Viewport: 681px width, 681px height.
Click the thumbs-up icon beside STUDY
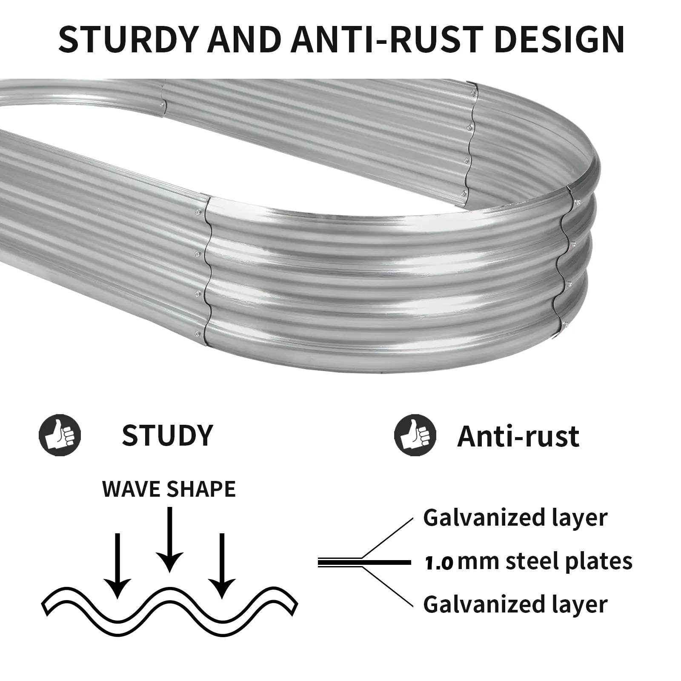pyautogui.click(x=60, y=435)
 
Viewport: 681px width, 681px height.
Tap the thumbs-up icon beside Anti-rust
pyautogui.click(x=415, y=435)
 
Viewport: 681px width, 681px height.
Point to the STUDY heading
pyautogui.click(x=167, y=435)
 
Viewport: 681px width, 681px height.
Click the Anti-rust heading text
pyautogui.click(x=518, y=436)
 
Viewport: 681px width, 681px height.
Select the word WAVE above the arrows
pyautogui.click(x=131, y=489)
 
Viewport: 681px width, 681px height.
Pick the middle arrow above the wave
pyautogui.click(x=169, y=541)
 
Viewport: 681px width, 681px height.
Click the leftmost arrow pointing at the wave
pyautogui.click(x=117, y=566)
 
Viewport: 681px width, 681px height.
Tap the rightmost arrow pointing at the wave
pyautogui.click(x=221, y=566)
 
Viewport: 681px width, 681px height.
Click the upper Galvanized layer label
pyautogui.click(x=515, y=518)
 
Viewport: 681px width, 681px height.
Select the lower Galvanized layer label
pyautogui.click(x=515, y=604)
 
